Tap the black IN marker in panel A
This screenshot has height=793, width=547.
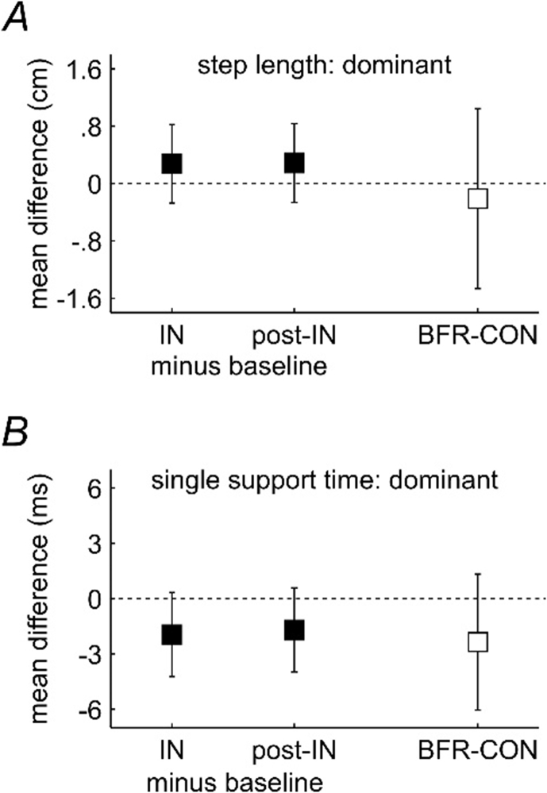click(x=172, y=163)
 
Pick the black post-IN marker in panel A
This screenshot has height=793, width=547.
click(x=295, y=162)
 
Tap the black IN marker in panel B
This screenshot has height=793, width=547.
click(x=172, y=634)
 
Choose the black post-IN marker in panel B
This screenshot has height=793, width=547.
click(x=295, y=630)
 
